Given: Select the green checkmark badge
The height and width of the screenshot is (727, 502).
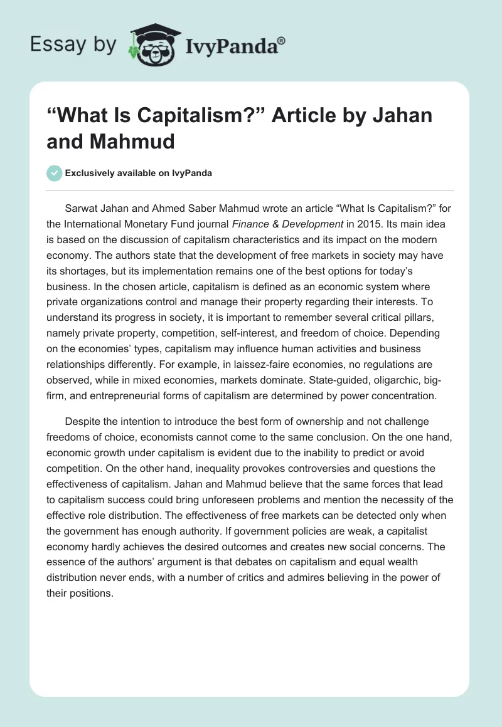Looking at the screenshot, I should (55, 173).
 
